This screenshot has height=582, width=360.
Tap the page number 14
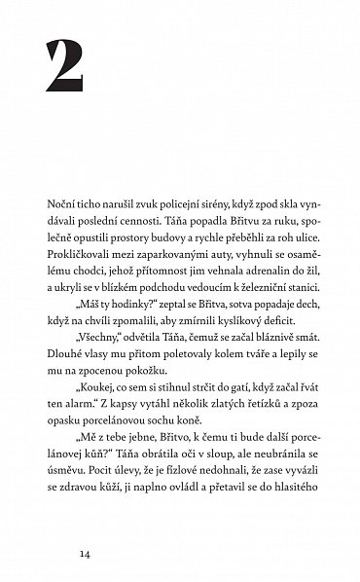tap(52, 553)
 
